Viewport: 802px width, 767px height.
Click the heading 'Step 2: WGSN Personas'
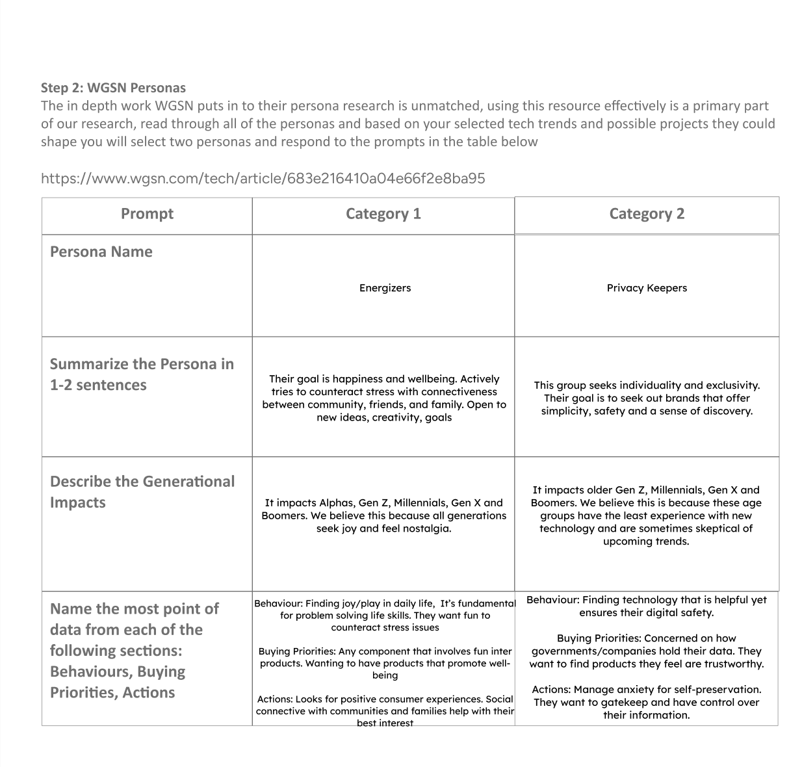pos(113,88)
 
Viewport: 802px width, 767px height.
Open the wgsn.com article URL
pos(263,178)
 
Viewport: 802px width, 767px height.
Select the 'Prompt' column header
pos(147,214)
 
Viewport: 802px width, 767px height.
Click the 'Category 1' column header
pos(383,214)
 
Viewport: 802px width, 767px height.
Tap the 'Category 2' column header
pos(647,214)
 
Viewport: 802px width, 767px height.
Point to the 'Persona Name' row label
pos(101,252)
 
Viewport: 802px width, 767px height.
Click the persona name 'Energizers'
pos(385,288)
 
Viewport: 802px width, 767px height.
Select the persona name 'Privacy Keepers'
pos(647,288)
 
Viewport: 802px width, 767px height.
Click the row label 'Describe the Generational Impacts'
pos(142,491)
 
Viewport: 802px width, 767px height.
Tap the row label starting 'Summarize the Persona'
pos(142,374)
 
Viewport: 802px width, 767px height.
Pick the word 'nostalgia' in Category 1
pos(426,528)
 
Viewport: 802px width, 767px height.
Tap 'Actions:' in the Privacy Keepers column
pos(550,690)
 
